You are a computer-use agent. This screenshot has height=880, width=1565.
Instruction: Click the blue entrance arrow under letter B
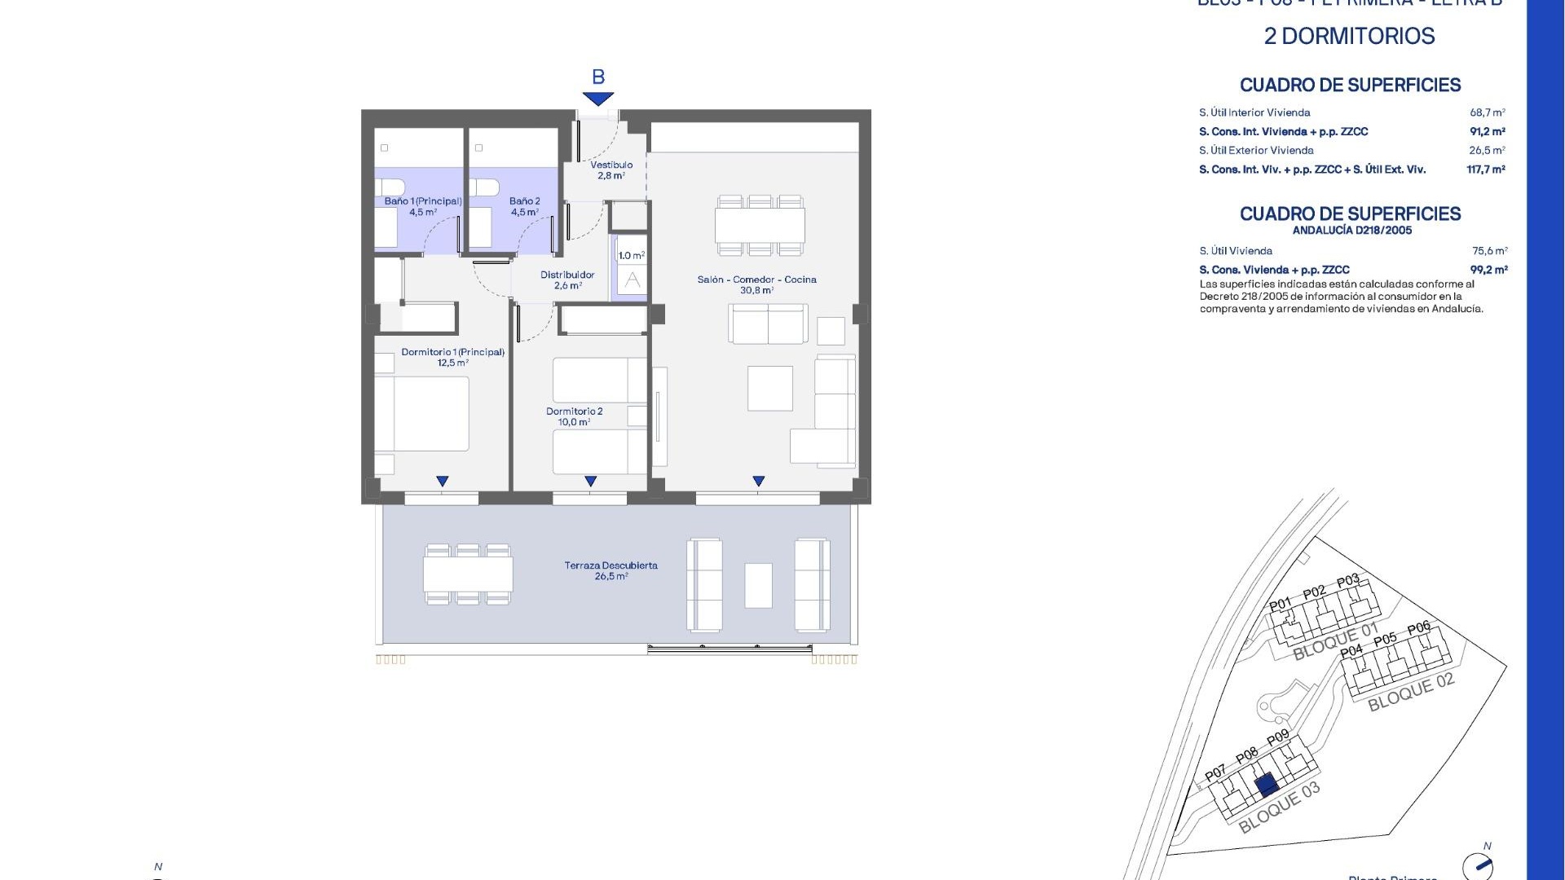[x=598, y=99]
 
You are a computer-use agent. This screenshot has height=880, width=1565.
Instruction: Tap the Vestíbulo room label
[x=611, y=169]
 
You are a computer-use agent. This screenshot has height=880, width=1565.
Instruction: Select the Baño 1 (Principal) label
[x=423, y=206]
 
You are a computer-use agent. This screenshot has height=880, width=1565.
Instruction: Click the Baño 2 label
[x=524, y=206]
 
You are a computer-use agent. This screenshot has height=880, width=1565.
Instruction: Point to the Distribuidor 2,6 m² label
[x=567, y=279]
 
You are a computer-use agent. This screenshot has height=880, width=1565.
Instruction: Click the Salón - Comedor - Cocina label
[x=756, y=284]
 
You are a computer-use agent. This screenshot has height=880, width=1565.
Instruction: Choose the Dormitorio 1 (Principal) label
[x=452, y=357]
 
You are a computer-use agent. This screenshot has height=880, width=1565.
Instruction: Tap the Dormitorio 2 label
[x=574, y=416]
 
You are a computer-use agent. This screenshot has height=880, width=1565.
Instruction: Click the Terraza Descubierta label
[x=611, y=570]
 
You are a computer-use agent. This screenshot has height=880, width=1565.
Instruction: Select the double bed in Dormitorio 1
[x=422, y=413]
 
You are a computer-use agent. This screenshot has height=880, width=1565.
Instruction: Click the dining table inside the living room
[x=760, y=226]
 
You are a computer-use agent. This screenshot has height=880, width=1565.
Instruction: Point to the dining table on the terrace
[x=468, y=574]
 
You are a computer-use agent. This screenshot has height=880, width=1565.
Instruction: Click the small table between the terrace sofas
[x=758, y=585]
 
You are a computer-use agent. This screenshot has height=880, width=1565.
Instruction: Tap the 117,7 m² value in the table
[x=1485, y=169]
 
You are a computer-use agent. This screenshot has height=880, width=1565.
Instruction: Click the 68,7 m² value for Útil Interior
[x=1487, y=112]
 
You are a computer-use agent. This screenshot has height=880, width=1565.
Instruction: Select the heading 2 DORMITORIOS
[x=1349, y=36]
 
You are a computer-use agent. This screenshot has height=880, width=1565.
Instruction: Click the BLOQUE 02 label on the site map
[x=1410, y=692]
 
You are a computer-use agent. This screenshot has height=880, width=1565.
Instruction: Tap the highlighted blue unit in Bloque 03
[x=1266, y=785]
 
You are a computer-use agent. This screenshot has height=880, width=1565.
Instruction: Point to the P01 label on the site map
[x=1280, y=605]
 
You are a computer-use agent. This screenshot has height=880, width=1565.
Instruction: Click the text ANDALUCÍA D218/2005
[x=1351, y=231]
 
